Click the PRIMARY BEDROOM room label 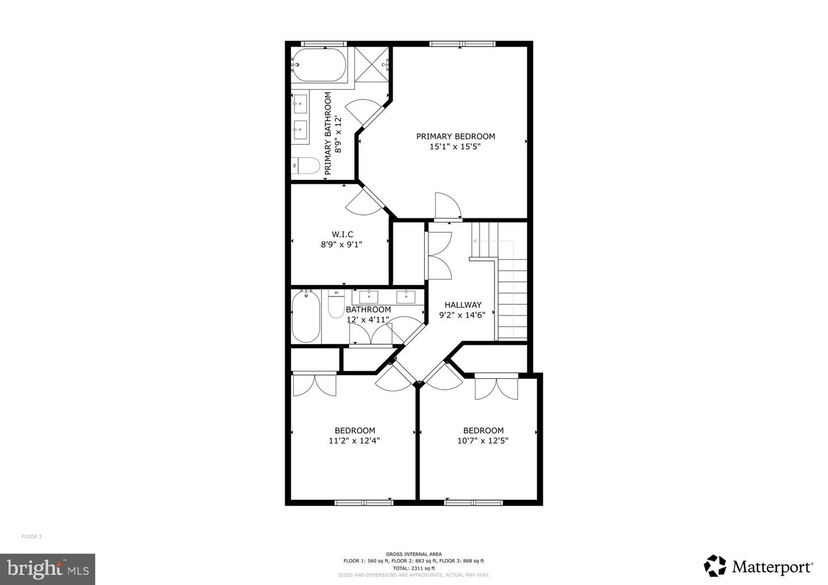(x=455, y=136)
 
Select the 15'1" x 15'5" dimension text (x=455, y=147)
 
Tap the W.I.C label (x=342, y=234)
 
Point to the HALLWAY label (x=463, y=305)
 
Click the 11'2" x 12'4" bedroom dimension (x=354, y=441)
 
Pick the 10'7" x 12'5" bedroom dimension (x=483, y=441)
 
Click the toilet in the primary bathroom (x=305, y=166)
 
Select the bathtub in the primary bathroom (x=319, y=65)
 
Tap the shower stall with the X (x=371, y=64)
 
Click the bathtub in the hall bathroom (x=306, y=317)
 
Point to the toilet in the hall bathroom (x=336, y=304)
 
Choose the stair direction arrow (x=493, y=241)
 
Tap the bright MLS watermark (x=48, y=569)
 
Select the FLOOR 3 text (x=32, y=537)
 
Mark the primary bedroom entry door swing (x=448, y=206)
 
